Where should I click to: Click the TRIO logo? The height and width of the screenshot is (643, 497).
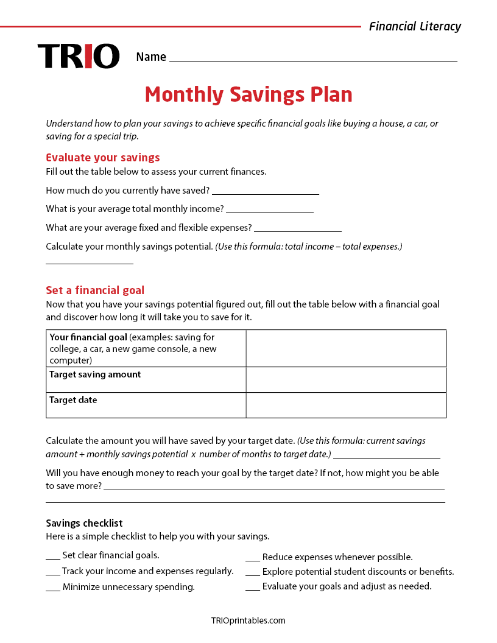tap(79, 56)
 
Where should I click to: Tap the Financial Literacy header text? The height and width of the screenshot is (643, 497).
tap(415, 26)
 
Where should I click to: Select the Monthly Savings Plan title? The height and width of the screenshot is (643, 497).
tap(248, 94)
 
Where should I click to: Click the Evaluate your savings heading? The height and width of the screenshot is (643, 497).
tap(103, 157)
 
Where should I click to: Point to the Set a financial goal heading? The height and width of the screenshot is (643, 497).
tap(95, 290)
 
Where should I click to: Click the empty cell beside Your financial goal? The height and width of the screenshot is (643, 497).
tap(346, 348)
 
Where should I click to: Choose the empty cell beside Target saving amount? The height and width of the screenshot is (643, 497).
tap(346, 379)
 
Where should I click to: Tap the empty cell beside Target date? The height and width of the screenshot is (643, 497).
tap(346, 405)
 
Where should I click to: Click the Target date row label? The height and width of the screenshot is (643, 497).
tap(73, 400)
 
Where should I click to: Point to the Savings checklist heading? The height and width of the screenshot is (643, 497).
tap(84, 523)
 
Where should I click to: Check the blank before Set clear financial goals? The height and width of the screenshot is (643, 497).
tap(53, 557)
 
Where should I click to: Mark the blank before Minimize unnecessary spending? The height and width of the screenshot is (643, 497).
tap(53, 589)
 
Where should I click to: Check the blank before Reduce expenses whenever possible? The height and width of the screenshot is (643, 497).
tap(253, 558)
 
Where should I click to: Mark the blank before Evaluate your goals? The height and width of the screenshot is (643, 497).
tap(253, 588)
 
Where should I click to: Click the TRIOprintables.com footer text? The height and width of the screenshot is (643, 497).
tap(248, 620)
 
